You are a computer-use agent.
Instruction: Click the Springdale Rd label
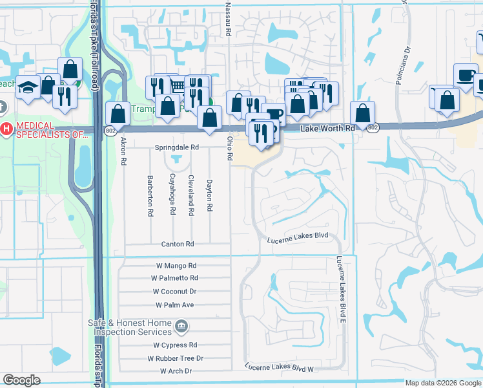(x=177, y=147)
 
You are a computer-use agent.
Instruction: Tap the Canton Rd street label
(x=178, y=244)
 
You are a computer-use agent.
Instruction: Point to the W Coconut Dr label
(x=176, y=292)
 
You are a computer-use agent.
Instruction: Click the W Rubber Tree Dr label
(x=175, y=358)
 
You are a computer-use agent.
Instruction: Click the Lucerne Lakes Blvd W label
(x=279, y=368)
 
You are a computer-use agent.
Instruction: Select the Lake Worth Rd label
(x=328, y=129)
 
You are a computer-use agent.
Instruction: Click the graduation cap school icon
(x=28, y=87)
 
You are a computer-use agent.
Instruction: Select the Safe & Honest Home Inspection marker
(x=181, y=326)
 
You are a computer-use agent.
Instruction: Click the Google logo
(x=21, y=380)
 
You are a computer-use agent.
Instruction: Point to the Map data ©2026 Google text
(x=443, y=383)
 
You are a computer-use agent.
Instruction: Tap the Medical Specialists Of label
(x=52, y=129)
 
